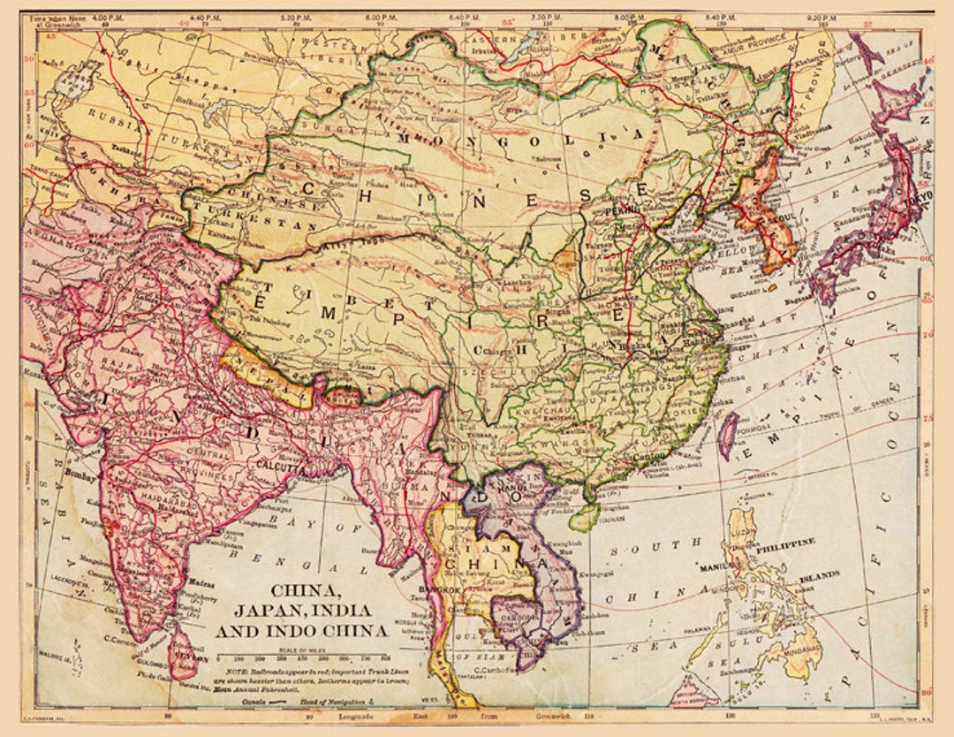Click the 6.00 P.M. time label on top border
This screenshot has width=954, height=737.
click(380, 17)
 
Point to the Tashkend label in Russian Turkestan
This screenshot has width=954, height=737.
click(95, 150)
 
